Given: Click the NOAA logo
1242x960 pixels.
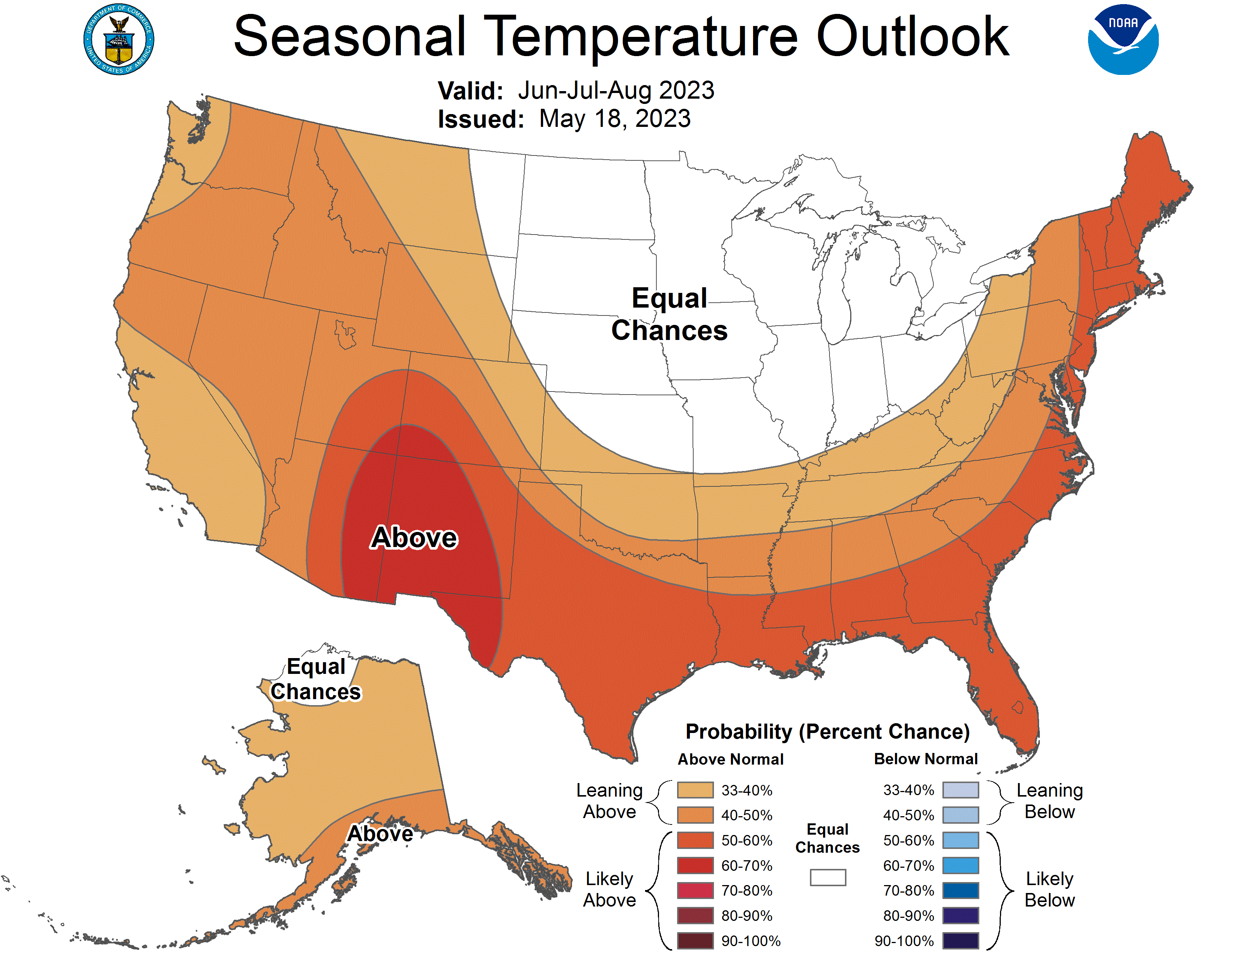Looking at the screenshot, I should coord(1123,40).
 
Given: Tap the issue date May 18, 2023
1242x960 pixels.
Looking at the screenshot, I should coord(614,119).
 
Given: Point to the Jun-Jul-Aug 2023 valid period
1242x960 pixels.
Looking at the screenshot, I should coord(615,90).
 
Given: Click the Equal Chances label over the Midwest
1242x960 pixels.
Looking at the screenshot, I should coord(669,314).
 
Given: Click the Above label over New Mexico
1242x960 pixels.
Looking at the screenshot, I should coord(414,538).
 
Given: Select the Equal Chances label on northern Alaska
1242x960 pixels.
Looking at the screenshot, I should coord(316,679).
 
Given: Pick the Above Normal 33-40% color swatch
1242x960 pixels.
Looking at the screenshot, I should coord(695,790).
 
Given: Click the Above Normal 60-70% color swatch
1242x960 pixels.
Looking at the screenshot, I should coord(695,866).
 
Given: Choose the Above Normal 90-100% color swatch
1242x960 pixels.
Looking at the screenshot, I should coord(695,941).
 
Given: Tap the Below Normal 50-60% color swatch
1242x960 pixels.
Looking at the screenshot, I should coord(960,840).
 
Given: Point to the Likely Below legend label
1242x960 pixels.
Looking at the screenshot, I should coord(1049,890).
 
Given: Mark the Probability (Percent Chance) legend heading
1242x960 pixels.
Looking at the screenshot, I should coord(827,731).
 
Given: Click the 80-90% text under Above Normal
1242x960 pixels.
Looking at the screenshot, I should coord(747,916).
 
